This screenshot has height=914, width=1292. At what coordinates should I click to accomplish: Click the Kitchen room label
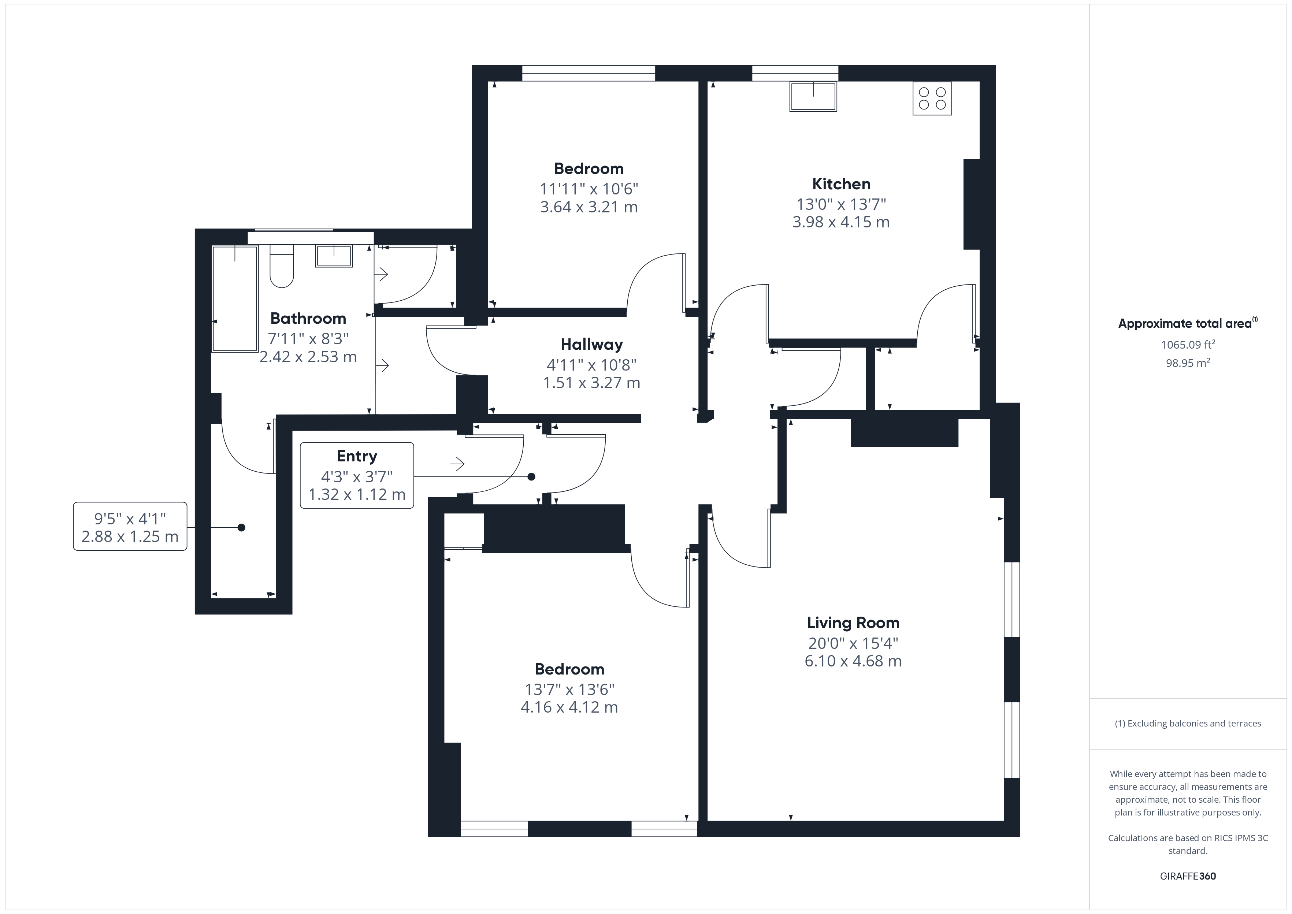(x=841, y=184)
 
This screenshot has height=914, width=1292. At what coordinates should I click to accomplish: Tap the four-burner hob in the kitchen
(x=932, y=99)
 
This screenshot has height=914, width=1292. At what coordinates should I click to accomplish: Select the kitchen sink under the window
(x=813, y=97)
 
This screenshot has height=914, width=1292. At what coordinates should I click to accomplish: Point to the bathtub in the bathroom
(x=235, y=298)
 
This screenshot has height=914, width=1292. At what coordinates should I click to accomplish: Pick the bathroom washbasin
(x=334, y=256)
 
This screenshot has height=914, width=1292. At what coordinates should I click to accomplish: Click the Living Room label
(x=853, y=623)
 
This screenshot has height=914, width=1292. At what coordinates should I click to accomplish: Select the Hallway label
(x=591, y=345)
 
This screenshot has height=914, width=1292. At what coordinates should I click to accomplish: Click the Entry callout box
(x=357, y=476)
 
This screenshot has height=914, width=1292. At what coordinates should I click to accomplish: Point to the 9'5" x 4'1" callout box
(x=130, y=526)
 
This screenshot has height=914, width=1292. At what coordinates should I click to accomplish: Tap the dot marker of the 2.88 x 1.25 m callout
(x=241, y=527)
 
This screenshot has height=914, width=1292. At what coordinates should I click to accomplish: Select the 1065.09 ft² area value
(x=1187, y=345)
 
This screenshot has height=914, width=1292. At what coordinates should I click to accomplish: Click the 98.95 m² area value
(x=1187, y=363)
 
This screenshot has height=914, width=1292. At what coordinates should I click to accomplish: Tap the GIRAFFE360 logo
(x=1187, y=876)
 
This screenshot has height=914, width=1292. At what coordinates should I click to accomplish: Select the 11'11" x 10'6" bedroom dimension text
(x=589, y=189)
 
